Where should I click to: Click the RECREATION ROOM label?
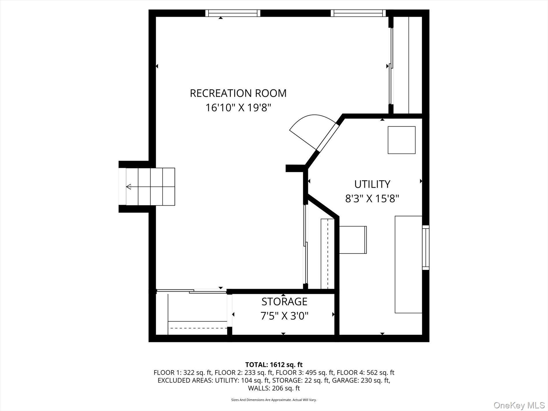[x=238, y=93]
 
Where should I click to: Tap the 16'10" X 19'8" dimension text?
[x=238, y=108]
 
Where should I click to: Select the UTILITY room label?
[x=372, y=184]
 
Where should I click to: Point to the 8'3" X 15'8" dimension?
[x=372, y=198]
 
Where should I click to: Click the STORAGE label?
[x=284, y=301]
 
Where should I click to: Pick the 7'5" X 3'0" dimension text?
[x=284, y=316]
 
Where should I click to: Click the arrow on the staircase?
[x=129, y=187]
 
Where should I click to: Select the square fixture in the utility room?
[x=401, y=140]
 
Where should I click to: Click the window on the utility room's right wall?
[x=425, y=247]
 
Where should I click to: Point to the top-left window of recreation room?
[x=232, y=13]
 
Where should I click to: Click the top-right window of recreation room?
[x=358, y=13]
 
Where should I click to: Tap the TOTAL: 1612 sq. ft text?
[x=274, y=365]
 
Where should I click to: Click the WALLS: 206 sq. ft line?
[x=274, y=388]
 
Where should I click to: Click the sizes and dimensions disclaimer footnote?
[x=274, y=400]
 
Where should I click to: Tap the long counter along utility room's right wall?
[x=408, y=264]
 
